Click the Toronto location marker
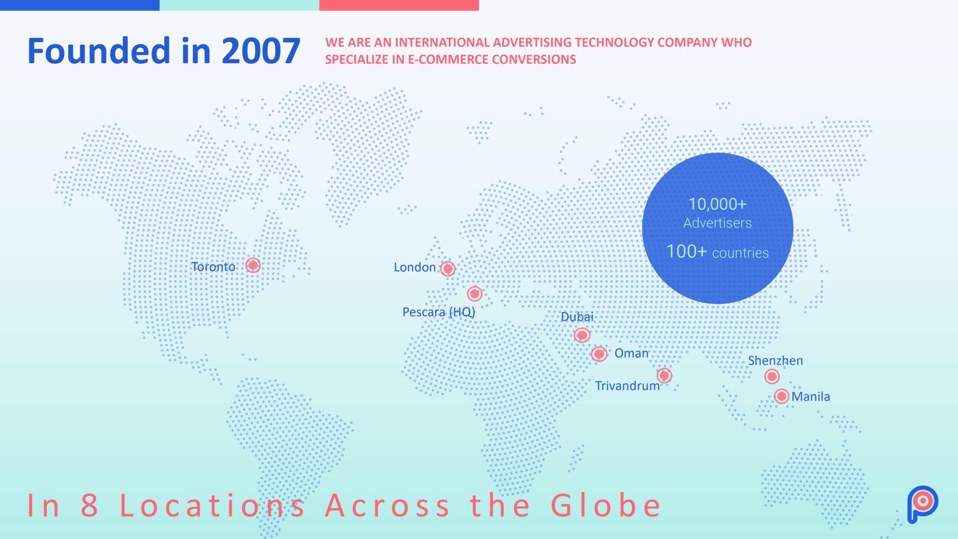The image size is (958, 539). click(253, 265)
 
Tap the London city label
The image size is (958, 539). click(414, 267)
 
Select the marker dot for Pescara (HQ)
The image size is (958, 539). click(474, 293)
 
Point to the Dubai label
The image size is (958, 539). click(577, 317)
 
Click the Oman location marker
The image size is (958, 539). click(599, 354)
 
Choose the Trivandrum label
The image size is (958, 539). click(627, 386)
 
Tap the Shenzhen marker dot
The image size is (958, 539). click(772, 376)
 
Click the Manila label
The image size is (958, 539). click(811, 396)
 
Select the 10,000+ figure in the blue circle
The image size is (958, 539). click(718, 204)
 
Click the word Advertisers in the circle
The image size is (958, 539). click(718, 223)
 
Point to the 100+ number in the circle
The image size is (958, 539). click(687, 252)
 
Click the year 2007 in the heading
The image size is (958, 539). click(261, 51)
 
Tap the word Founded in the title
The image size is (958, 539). click(99, 51)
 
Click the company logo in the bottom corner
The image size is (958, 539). click(922, 504)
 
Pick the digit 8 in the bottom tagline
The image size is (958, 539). click(89, 506)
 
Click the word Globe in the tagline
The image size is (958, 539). click(606, 505)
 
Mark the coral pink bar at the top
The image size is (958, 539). click(399, 5)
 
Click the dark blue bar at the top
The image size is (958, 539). click(80, 5)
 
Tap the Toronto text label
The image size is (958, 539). click(213, 267)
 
